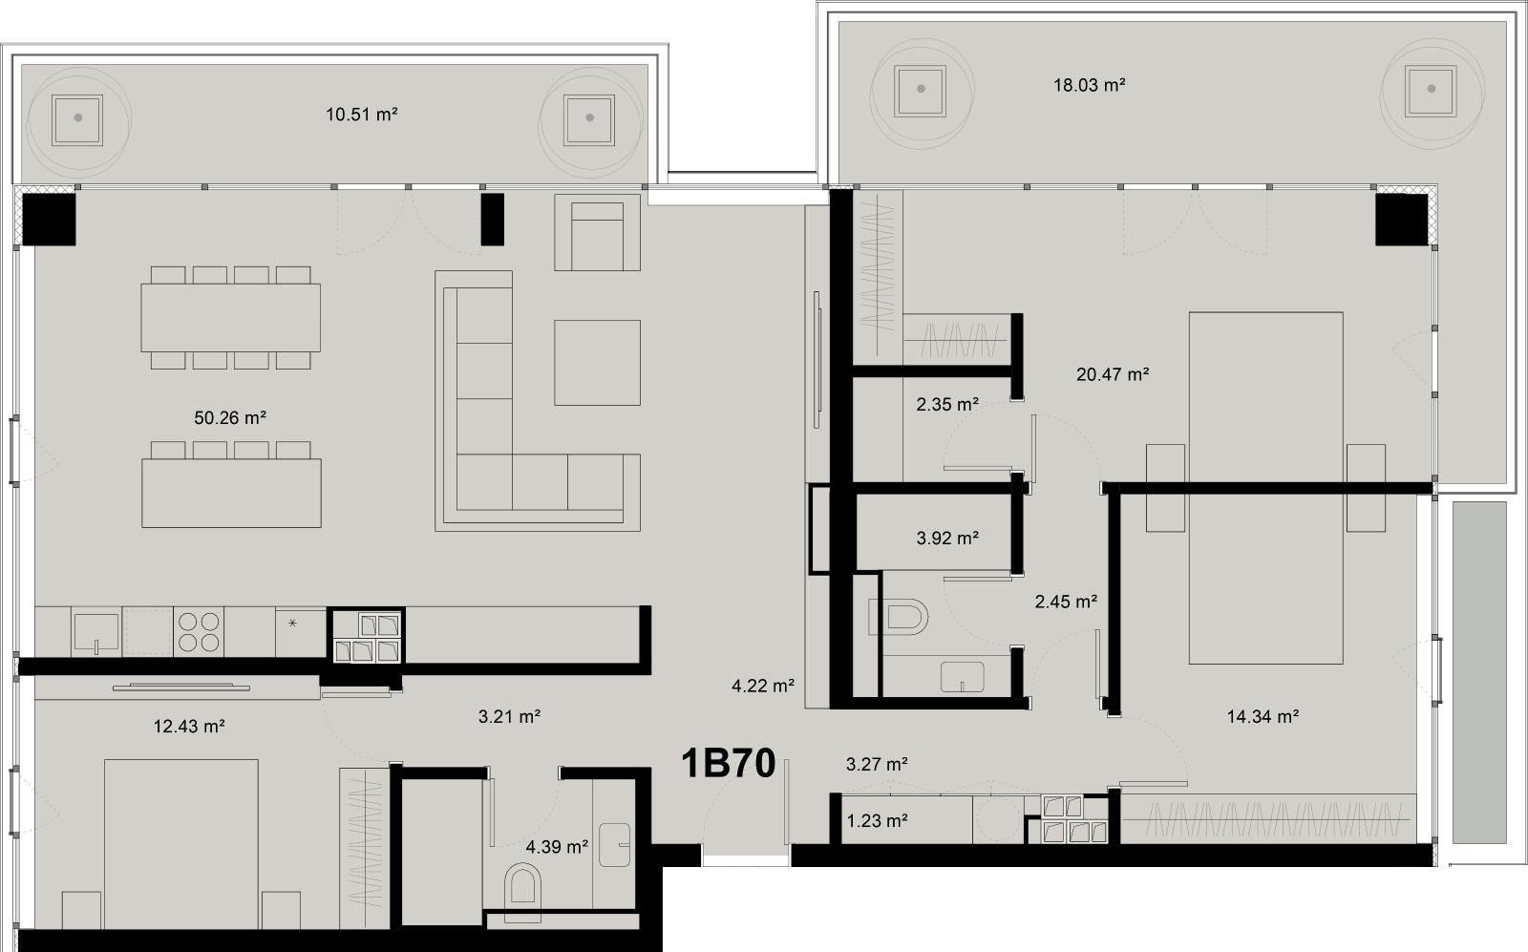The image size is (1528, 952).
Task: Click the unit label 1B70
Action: point(728,763)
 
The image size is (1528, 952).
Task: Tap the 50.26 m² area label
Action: point(229,418)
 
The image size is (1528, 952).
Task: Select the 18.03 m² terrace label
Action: point(1089,85)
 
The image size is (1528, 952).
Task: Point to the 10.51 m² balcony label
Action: point(361,115)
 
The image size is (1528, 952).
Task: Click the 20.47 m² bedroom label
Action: point(1112,375)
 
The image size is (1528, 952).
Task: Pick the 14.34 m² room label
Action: point(1262,716)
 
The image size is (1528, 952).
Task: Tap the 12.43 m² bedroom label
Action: point(189,727)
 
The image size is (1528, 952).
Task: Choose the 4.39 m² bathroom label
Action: point(556,847)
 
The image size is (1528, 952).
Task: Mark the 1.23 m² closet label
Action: point(876,820)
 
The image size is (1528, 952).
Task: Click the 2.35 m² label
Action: point(946,405)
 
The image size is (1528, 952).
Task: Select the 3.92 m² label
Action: point(946,539)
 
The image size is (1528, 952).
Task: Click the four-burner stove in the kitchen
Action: point(199,631)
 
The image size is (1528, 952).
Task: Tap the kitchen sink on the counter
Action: point(96,631)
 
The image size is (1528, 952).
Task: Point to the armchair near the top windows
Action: point(597,233)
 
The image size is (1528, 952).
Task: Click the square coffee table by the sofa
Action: point(597,362)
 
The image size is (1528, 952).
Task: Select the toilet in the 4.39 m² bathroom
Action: point(522,884)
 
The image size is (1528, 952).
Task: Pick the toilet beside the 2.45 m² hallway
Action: point(901,617)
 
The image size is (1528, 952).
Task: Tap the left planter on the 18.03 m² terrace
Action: point(921,89)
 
